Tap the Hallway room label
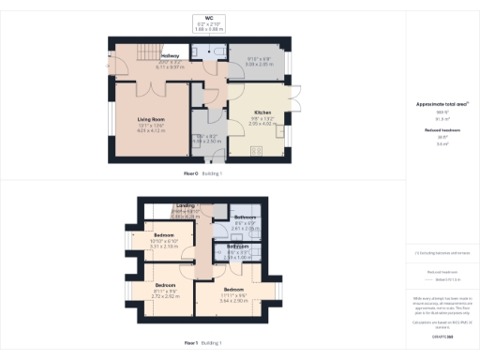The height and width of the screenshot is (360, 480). [x=170, y=56]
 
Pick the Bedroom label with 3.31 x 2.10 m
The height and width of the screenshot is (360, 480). [x=165, y=234]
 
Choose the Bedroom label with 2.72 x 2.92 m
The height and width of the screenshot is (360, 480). [x=165, y=284]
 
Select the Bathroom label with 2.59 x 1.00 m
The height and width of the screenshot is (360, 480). [x=237, y=247]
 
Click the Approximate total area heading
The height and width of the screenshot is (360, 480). [x=436, y=104]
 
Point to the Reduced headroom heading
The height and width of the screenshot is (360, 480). [x=436, y=130]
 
